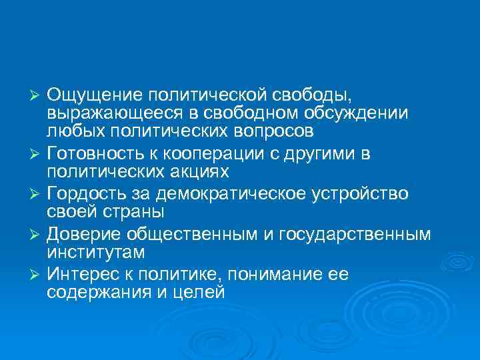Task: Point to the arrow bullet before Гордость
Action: click(37, 194)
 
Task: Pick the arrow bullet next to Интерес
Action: click(37, 275)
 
